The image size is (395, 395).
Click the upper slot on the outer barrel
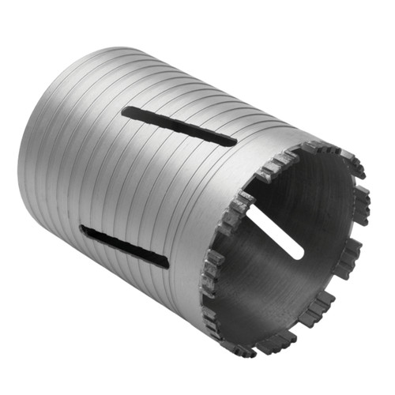(179, 126)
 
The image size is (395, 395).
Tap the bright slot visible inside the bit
(273, 233)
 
